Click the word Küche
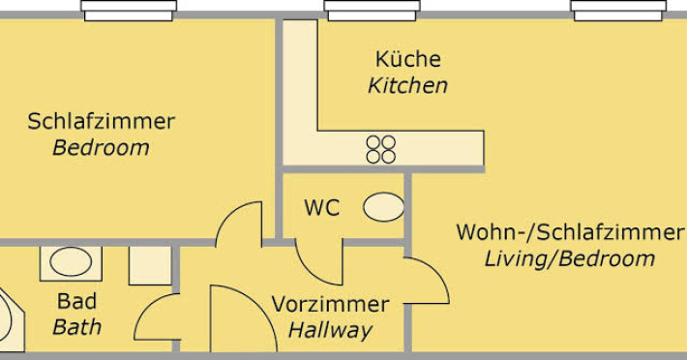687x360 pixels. click(x=408, y=59)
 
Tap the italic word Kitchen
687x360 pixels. click(x=408, y=85)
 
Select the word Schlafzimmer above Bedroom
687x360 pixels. click(x=102, y=121)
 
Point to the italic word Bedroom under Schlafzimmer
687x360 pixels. click(x=102, y=148)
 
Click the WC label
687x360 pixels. click(x=322, y=208)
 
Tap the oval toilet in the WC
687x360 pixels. click(x=384, y=207)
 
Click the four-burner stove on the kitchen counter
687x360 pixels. click(x=380, y=149)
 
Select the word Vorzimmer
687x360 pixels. click(x=330, y=304)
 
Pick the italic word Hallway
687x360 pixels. click(x=330, y=330)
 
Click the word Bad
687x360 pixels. click(x=76, y=301)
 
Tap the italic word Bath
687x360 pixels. click(x=76, y=327)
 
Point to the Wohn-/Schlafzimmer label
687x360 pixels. click(x=570, y=232)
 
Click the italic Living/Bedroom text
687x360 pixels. click(x=570, y=258)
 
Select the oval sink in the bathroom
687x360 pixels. click(x=71, y=262)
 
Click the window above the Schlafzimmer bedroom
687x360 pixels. click(x=129, y=11)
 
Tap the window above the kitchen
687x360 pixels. click(x=372, y=11)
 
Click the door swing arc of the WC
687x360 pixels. click(x=310, y=273)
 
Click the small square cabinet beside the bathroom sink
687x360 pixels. click(x=150, y=265)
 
